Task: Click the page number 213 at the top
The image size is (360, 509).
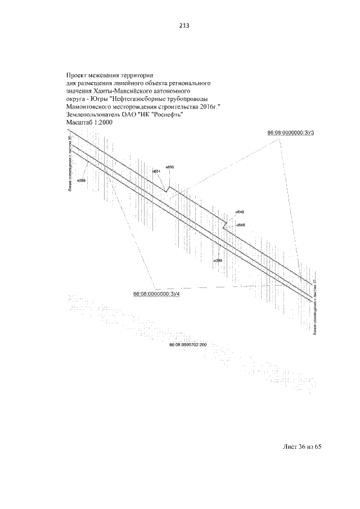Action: point(179,25)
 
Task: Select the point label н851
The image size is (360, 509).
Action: point(157,171)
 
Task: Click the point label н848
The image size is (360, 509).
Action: point(241,225)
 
